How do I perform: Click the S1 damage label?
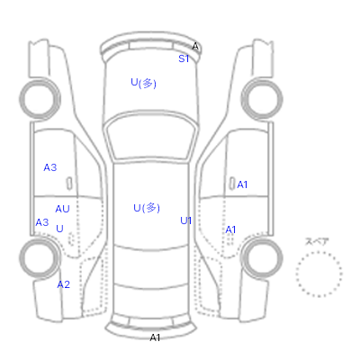click(184, 58)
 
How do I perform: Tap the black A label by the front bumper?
click(195, 47)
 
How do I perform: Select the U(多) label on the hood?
click(144, 83)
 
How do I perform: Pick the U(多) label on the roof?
click(147, 208)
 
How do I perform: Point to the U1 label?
click(185, 220)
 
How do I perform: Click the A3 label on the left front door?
click(50, 167)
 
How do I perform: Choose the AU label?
click(62, 209)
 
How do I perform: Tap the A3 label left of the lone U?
click(42, 222)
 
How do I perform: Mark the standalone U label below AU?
click(59, 229)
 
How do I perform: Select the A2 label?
click(63, 284)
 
